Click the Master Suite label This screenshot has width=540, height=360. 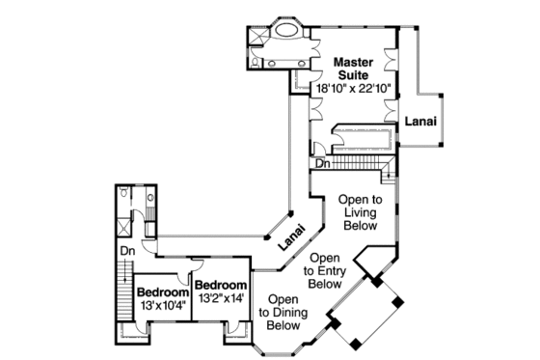tap(353, 69)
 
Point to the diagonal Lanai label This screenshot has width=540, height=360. tap(289, 238)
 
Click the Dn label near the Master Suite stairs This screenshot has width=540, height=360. tap(323, 163)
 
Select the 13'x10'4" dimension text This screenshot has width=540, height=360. tap(160, 305)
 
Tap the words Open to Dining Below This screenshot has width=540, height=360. tap(283, 313)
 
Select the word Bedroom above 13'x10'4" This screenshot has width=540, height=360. tap(160, 292)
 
